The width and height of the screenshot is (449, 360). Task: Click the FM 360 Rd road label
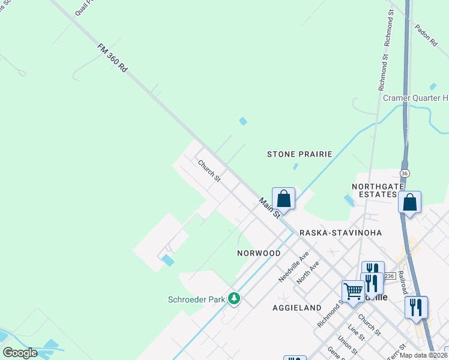coord(113,58)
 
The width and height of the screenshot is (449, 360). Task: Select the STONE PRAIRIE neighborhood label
coord(300,154)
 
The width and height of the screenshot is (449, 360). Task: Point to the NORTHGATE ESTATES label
coord(375,190)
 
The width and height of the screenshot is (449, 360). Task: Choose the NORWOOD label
coord(258,253)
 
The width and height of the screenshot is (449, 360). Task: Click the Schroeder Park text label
coord(195,299)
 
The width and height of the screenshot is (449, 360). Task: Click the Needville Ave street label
coord(294,267)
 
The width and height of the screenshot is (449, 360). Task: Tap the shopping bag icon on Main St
coord(284,199)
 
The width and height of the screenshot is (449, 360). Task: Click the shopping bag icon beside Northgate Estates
coord(409,202)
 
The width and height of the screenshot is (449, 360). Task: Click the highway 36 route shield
coord(406,173)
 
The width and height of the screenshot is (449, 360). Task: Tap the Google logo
coord(20,353)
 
